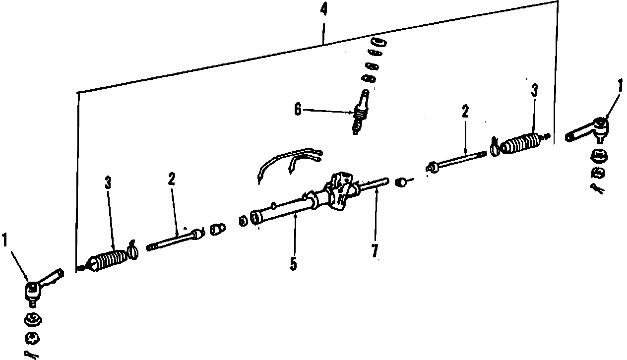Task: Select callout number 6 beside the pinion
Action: (298, 110)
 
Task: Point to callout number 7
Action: (375, 250)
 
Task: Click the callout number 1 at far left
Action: (5, 241)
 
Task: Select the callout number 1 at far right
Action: (619, 86)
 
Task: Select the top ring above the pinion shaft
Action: (378, 41)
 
